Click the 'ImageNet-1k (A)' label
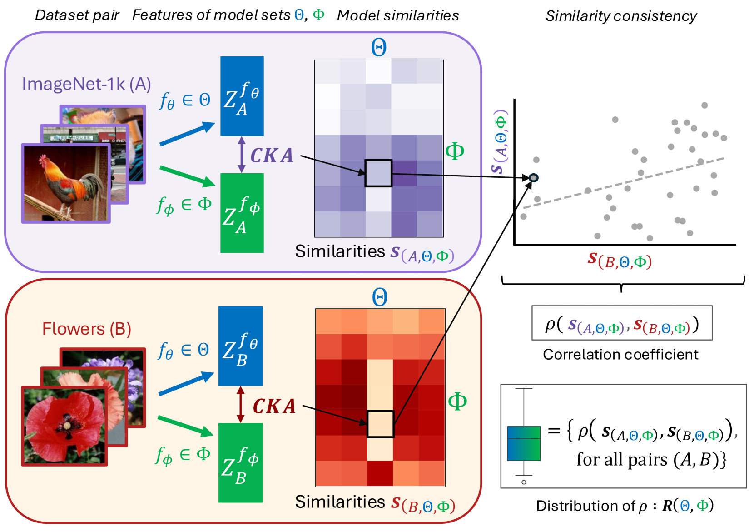coord(86,84)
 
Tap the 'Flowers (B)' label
coord(86,329)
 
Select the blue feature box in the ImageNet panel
coord(242,96)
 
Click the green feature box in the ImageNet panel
coord(242,213)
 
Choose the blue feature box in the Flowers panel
coord(240,346)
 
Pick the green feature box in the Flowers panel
coord(240,462)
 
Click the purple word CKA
coord(272,156)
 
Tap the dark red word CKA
coord(274,406)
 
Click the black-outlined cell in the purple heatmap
coord(378,173)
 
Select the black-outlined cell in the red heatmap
coord(380,424)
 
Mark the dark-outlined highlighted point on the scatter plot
coord(534,177)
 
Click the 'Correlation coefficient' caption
coord(620,354)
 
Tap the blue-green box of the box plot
coord(524,443)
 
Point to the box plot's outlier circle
coord(524,482)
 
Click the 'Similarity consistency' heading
coord(621,16)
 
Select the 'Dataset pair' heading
coord(77,15)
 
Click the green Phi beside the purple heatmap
coord(455,151)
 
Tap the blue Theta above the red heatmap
coord(380,298)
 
